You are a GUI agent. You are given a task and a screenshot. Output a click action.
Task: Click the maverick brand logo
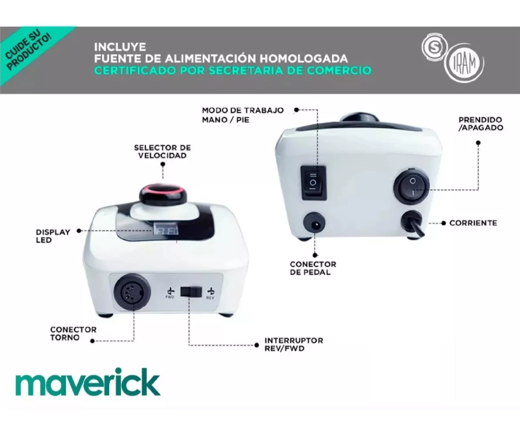coord(88,382)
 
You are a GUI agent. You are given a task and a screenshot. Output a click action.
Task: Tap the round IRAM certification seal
coord(464,63)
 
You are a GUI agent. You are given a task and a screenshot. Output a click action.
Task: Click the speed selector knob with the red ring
coord(161,195)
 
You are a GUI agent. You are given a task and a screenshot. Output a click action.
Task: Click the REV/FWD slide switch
coord(191,292)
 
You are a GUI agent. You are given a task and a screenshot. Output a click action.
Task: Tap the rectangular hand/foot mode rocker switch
coord(314,183)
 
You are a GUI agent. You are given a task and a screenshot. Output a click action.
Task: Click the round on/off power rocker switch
coord(411,186)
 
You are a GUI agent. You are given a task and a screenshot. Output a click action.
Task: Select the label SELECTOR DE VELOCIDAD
coord(163,151)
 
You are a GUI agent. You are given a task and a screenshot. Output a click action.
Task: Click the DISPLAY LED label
coord(53,236)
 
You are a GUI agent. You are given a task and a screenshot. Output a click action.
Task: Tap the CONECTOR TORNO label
coord(74,333)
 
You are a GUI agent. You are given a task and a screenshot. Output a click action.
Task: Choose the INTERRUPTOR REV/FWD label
coord(294,344)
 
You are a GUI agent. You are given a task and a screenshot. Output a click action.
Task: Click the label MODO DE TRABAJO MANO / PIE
coord(243,115)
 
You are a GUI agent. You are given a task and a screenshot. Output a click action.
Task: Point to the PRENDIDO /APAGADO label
coord(481,124)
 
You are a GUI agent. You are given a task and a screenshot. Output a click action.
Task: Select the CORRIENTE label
coord(473,223)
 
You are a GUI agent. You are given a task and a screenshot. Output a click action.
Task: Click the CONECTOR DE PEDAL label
coord(313,268)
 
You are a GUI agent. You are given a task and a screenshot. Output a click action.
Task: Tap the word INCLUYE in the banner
coord(120,47)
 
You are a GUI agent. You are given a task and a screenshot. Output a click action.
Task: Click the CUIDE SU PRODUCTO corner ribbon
coord(30,50)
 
